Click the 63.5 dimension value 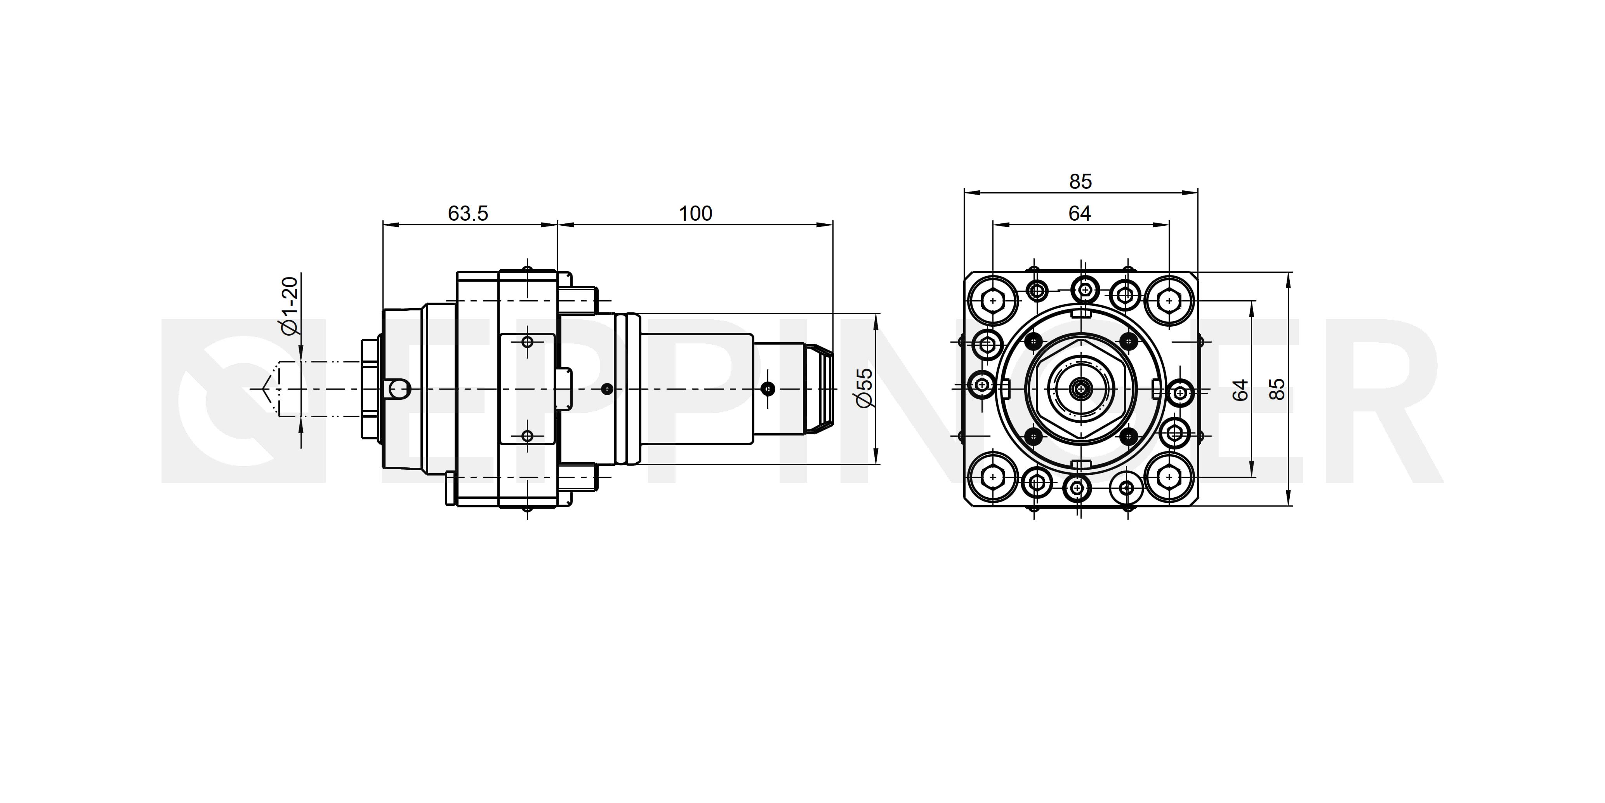(x=468, y=213)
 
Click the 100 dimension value (x=695, y=213)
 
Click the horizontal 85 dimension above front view (x=1080, y=181)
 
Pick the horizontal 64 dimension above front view (x=1080, y=213)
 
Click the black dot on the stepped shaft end (x=769, y=389)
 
